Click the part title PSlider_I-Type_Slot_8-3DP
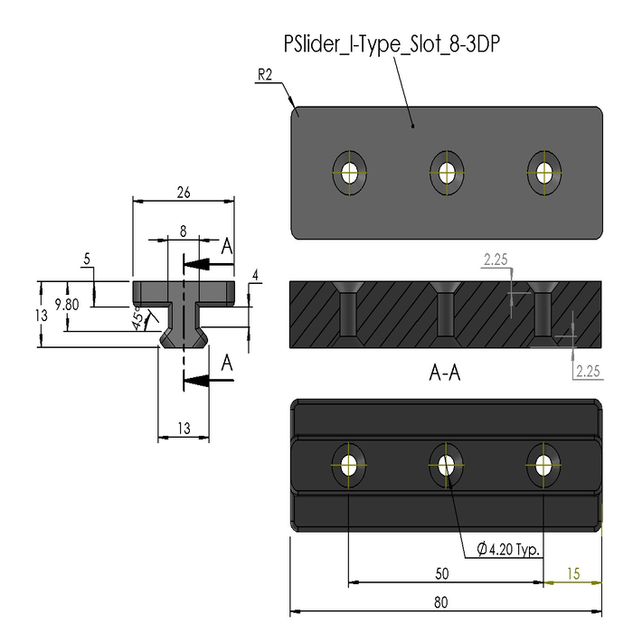392,44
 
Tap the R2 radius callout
265,75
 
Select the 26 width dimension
184,193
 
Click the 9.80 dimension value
67,305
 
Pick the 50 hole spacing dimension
442,573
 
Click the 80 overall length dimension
441,602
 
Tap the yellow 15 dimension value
573,573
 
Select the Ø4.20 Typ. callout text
508,549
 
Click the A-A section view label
445,373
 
